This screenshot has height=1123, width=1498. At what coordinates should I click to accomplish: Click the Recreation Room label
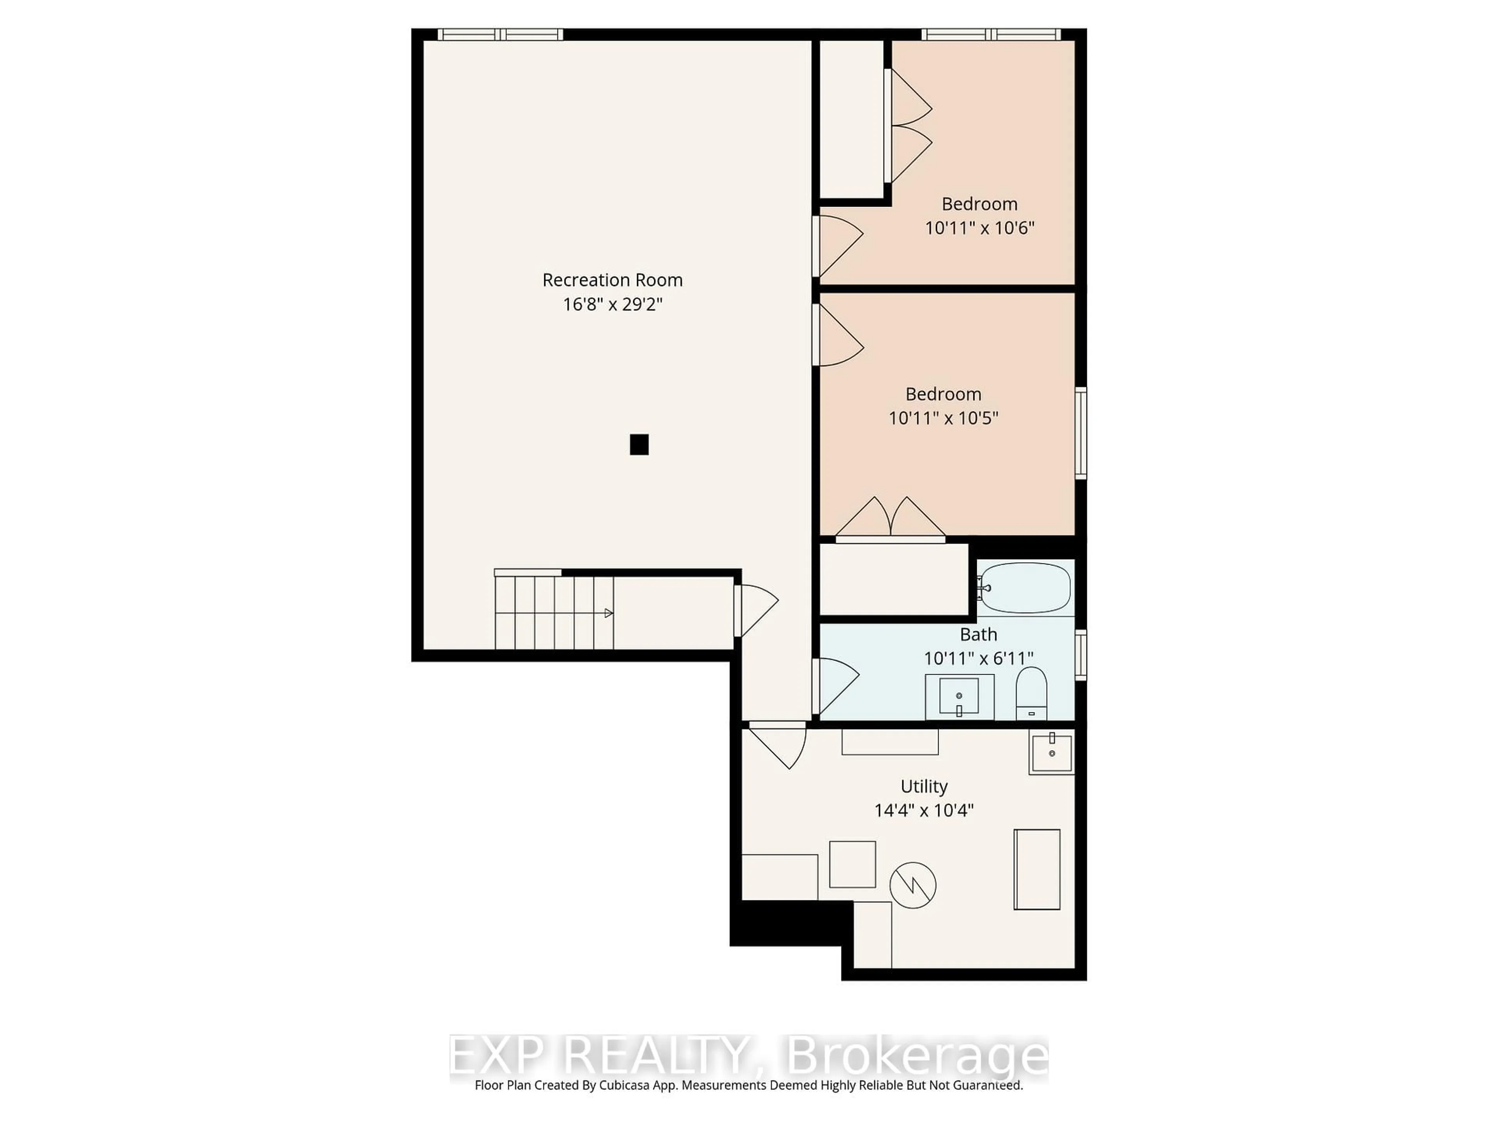pos(612,280)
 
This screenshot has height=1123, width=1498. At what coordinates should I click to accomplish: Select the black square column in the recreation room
pos(639,445)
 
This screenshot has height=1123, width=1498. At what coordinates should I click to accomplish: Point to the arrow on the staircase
pos(608,613)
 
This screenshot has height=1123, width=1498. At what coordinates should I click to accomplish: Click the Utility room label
pos(924,786)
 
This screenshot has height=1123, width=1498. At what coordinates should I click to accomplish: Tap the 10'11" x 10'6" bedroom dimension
pos(979,228)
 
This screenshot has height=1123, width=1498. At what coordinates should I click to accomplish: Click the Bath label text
pos(978,634)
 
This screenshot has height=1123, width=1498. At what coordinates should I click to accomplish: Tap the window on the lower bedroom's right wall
pos(1081,433)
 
